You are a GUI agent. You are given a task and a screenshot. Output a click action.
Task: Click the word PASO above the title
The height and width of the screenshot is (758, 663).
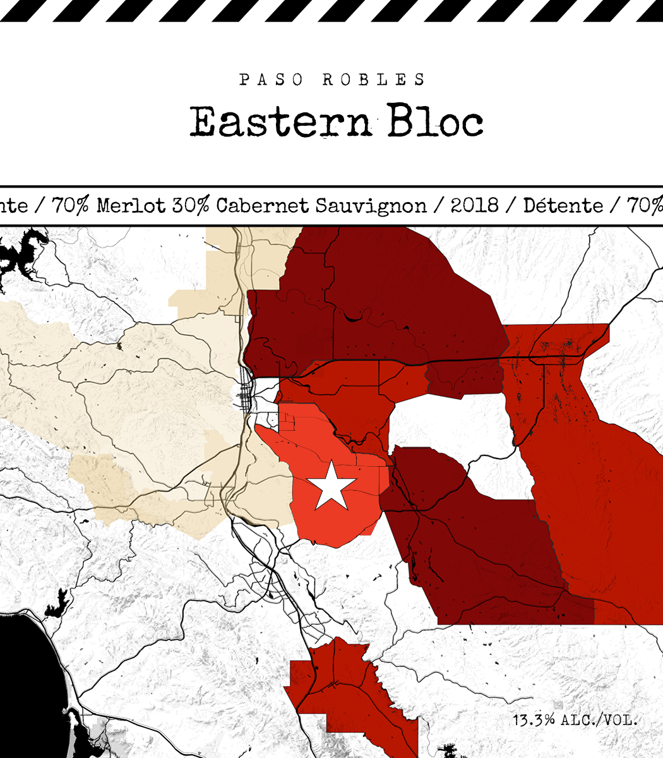(271, 80)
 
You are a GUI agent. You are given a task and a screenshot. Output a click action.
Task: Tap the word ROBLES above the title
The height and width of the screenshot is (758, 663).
(374, 80)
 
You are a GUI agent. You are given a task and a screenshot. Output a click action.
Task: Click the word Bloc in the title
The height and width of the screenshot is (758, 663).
(435, 121)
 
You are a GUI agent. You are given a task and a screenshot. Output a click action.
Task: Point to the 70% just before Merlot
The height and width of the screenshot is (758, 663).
(71, 205)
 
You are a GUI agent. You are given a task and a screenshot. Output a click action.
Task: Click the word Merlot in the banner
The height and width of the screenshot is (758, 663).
(131, 205)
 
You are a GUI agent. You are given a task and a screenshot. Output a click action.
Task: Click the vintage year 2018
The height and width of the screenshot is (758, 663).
(475, 205)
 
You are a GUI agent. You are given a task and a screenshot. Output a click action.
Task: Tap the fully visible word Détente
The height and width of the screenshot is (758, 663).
(563, 205)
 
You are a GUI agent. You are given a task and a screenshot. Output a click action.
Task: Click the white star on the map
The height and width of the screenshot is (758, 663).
(331, 485)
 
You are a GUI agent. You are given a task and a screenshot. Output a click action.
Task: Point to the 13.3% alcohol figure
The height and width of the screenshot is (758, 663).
(534, 719)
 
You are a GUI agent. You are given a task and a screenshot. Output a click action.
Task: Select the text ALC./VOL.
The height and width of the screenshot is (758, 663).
(599, 719)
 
